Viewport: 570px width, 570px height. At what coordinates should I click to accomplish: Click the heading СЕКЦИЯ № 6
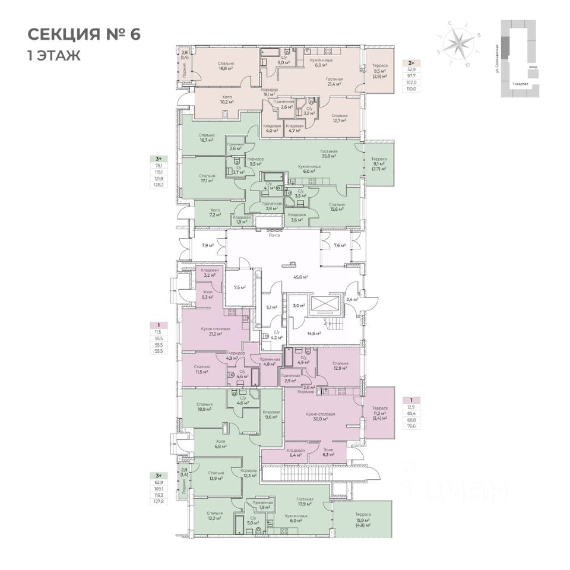pyautogui.click(x=84, y=33)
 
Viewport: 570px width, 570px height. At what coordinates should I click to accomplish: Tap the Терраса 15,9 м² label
pyautogui.click(x=363, y=519)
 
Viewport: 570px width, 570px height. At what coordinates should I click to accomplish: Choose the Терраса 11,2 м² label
pyautogui.click(x=379, y=413)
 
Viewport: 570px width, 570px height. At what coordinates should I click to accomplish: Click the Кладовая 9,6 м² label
pyautogui.click(x=271, y=414)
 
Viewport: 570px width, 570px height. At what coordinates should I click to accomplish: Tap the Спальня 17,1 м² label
pyautogui.click(x=207, y=179)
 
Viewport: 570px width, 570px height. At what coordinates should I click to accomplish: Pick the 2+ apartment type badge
pyautogui.click(x=411, y=62)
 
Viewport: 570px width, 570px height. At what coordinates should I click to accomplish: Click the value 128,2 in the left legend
pyautogui.click(x=159, y=185)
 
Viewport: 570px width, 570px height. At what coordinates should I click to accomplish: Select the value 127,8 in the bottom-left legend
pyautogui.click(x=159, y=501)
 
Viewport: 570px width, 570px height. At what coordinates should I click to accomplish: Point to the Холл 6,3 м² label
pyautogui.click(x=328, y=453)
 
